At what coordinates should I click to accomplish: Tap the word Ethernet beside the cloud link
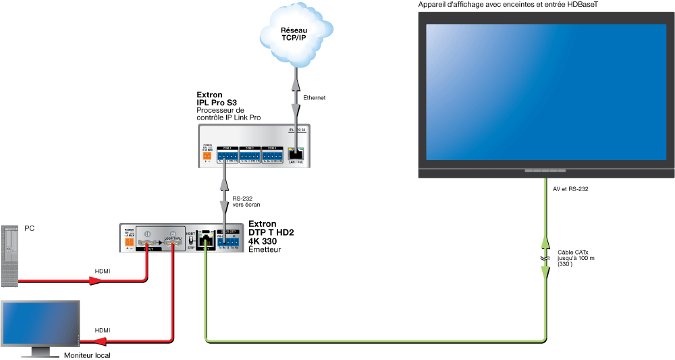(315, 98)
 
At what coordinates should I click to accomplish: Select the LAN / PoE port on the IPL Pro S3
(296, 153)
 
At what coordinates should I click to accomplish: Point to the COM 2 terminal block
(250, 155)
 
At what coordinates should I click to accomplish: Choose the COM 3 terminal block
(272, 155)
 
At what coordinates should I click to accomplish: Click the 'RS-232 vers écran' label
(246, 201)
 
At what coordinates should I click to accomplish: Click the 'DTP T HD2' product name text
(271, 232)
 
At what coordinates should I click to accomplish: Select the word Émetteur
(265, 250)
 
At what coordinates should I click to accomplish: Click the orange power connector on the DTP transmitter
(129, 240)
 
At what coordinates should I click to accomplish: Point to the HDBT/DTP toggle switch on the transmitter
(190, 240)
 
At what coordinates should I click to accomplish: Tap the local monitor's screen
(40, 324)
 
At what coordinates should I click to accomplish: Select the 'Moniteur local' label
(87, 355)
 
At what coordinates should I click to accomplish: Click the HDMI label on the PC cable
(103, 271)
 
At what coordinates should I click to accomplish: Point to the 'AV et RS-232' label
(570, 189)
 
